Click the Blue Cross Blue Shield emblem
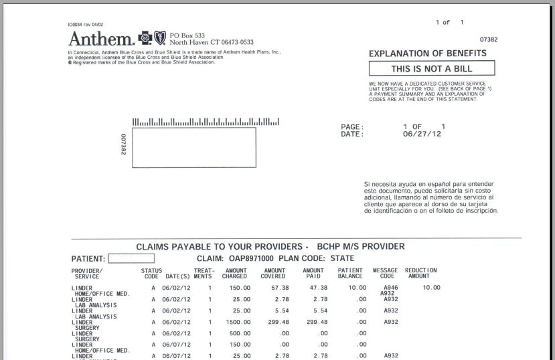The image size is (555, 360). tap(151, 37)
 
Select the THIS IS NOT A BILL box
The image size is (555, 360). tap(432, 68)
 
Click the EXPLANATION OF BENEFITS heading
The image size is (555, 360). tap(432, 54)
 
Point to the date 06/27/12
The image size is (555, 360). tap(422, 134)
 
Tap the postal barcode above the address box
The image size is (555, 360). tap(206, 122)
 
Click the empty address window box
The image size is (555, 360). tap(193, 148)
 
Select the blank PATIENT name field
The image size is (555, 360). tap(131, 258)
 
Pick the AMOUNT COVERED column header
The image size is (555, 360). tap(274, 273)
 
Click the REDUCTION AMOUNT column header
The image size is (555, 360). tap(421, 273)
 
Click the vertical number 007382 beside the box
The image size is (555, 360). tap(124, 144)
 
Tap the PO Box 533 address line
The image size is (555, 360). tap(187, 34)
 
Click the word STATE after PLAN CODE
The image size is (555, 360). tap(342, 258)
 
